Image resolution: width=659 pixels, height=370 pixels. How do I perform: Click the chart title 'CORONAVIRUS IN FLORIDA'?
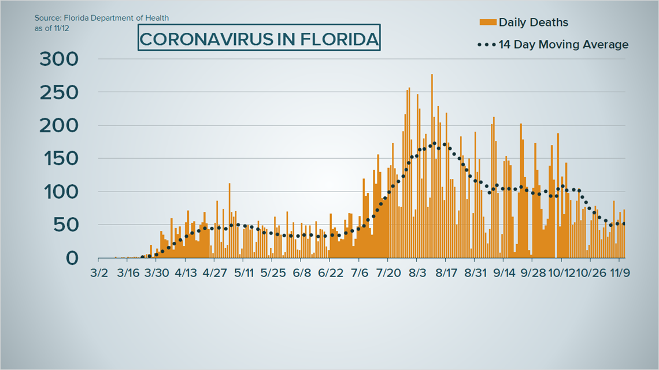click(260, 39)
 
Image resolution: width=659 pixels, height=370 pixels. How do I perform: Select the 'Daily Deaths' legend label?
click(533, 23)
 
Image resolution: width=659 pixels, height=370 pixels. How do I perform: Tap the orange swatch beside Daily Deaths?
click(487, 23)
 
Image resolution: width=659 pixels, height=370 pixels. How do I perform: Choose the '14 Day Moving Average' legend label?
click(563, 44)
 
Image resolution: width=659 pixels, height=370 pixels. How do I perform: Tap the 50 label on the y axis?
click(66, 225)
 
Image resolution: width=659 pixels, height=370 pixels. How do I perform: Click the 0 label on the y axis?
click(73, 258)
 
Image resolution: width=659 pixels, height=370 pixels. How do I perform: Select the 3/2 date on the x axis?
click(99, 272)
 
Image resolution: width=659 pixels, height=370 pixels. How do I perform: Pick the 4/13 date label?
click(185, 272)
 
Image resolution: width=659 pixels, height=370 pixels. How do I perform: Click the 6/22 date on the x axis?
click(329, 272)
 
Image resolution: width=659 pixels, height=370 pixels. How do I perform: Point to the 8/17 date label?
click(446, 272)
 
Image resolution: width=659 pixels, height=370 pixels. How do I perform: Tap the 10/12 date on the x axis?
click(560, 272)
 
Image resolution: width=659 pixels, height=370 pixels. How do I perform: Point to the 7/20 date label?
click(388, 272)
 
